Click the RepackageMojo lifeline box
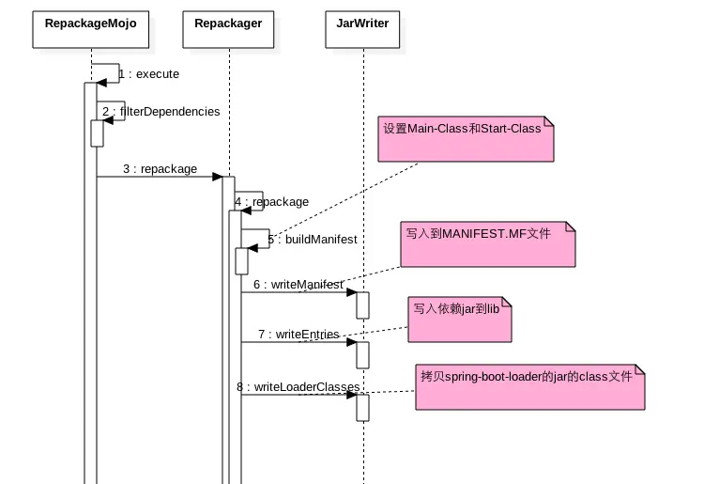pos(91,30)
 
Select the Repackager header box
pos(228,30)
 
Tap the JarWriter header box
pos(362,30)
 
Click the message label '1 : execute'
pos(148,74)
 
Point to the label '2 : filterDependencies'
pos(161,112)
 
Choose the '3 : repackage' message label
pos(161,169)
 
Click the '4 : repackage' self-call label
pos(271,202)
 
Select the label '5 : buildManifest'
pos(313,239)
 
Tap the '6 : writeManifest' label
pos(298,285)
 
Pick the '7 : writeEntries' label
pos(298,335)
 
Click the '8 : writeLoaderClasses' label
pos(298,387)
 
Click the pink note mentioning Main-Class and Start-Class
pos(466,139)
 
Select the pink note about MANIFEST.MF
pos(488,244)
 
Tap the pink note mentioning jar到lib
pos(460,320)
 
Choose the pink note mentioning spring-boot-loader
pos(530,387)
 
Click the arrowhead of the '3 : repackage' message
pos(218,177)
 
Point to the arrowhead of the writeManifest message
pos(352,292)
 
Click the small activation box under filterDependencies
pos(97,133)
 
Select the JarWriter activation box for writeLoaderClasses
pos(362,408)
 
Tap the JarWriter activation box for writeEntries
pos(362,355)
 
